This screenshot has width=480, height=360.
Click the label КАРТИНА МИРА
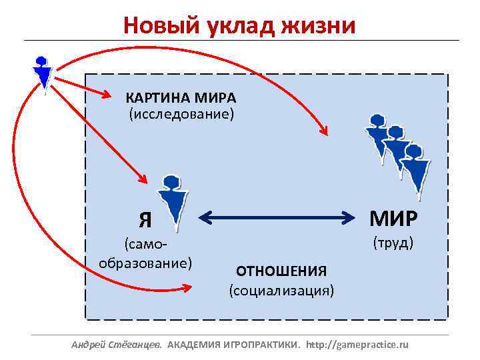tap(181, 99)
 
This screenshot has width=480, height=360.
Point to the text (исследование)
tap(181, 115)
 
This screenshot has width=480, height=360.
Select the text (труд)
tap(393, 241)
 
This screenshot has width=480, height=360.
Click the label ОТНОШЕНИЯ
tap(281, 271)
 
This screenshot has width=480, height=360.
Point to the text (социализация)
tap(281, 291)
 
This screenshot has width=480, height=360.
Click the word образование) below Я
tap(145, 262)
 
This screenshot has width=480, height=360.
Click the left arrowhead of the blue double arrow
tap(204, 217)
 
